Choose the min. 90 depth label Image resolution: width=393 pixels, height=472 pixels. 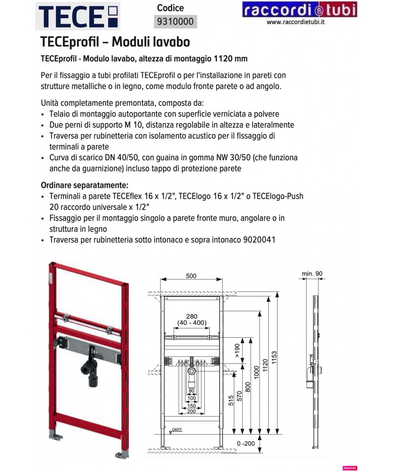(x=312, y=273)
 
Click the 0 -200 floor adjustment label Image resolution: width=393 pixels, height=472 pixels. (x=245, y=443)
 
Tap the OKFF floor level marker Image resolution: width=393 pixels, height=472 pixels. (x=176, y=429)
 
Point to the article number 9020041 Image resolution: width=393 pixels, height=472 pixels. (x=258, y=240)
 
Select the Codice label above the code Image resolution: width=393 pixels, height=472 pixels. (x=170, y=8)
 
